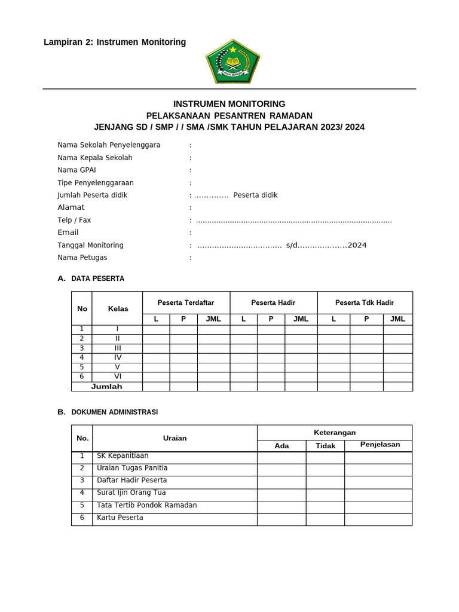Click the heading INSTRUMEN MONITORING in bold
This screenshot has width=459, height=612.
click(229, 104)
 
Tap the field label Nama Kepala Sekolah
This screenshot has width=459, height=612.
click(95, 158)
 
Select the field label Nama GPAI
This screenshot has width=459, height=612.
click(76, 170)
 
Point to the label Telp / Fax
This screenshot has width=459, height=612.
click(74, 220)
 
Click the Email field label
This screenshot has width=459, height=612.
click(68, 232)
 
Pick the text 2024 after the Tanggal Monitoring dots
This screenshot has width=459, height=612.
click(357, 245)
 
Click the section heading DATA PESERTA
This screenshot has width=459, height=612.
click(97, 279)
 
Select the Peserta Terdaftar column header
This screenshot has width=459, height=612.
click(186, 302)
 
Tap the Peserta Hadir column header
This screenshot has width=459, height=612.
click(273, 302)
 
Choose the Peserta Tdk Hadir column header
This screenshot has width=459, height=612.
click(365, 302)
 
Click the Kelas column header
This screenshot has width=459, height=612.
click(118, 308)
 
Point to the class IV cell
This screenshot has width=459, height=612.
click(118, 357)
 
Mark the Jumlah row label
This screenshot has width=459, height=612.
click(106, 387)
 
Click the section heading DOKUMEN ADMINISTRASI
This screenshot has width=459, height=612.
click(114, 412)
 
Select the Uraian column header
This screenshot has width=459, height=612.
click(175, 438)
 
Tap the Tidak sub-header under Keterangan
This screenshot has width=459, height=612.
click(325, 446)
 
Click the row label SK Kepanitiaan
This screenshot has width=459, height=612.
click(123, 456)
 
